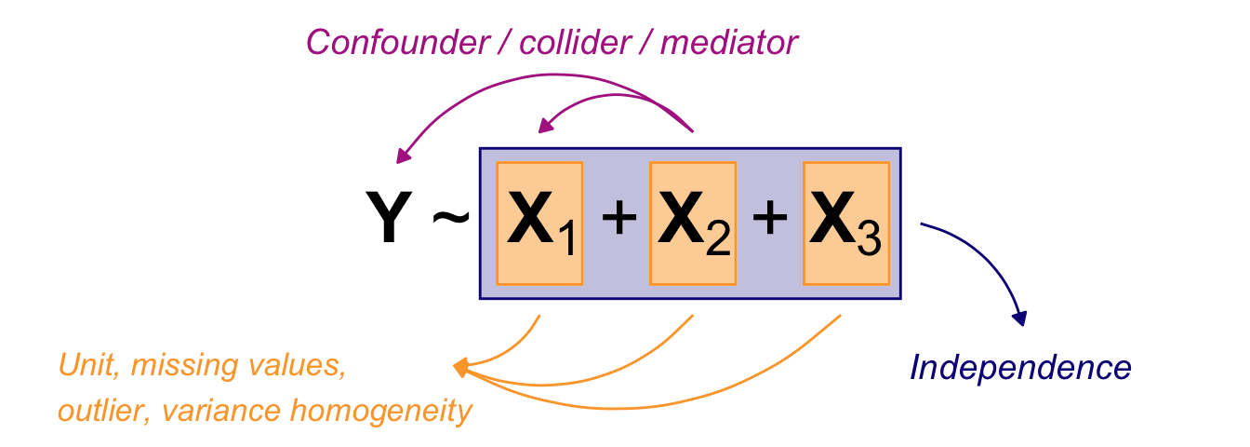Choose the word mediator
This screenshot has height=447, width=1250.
coord(729,42)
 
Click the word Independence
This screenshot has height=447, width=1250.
coord(1020,369)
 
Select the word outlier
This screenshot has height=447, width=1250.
coord(100,410)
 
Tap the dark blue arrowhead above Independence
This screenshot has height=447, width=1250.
coord(1021,318)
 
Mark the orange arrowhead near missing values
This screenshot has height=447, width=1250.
coord(460,369)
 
